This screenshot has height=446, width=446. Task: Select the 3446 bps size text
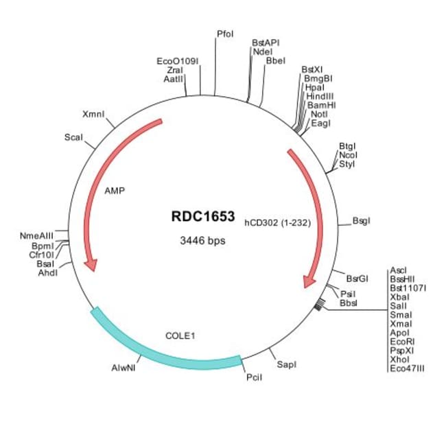(x=202, y=241)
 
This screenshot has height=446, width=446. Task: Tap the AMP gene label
(x=115, y=191)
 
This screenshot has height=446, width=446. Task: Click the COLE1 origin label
(x=181, y=336)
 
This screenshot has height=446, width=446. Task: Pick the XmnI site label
(x=93, y=114)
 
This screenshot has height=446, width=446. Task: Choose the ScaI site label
(x=73, y=137)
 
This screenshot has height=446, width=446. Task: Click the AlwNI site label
(x=126, y=368)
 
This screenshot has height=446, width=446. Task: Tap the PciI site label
(x=254, y=377)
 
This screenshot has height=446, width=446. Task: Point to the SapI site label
(x=286, y=364)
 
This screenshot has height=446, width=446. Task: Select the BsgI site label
(x=362, y=221)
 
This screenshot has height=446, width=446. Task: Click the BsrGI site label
(x=357, y=279)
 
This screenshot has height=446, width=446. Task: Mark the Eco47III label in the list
(x=406, y=368)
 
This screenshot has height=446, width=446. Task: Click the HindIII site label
(x=320, y=97)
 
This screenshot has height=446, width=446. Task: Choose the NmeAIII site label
(x=38, y=236)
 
